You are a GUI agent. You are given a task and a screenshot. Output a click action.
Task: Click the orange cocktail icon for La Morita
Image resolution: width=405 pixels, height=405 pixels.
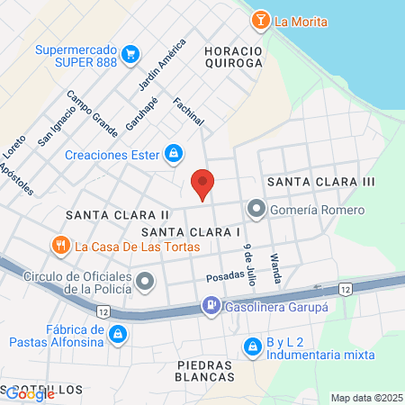coord(261,20)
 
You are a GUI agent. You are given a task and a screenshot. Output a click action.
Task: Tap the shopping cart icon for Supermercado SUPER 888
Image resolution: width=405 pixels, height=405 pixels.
coord(131,55)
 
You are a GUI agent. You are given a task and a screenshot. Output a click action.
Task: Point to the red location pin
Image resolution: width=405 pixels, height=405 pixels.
coord(202,184)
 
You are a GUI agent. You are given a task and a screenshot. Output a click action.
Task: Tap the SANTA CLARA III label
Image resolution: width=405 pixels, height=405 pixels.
coord(319,183)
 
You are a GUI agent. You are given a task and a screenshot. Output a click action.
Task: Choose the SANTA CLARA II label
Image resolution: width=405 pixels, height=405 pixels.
coord(117,215)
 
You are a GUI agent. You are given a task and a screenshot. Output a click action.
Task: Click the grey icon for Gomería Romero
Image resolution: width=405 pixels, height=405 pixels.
coord(256,211)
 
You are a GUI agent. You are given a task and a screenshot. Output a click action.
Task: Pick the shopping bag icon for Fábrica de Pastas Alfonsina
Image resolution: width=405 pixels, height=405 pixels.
coord(117,336)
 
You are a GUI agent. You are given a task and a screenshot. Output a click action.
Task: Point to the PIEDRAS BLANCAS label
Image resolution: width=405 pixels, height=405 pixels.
coord(205,371)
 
